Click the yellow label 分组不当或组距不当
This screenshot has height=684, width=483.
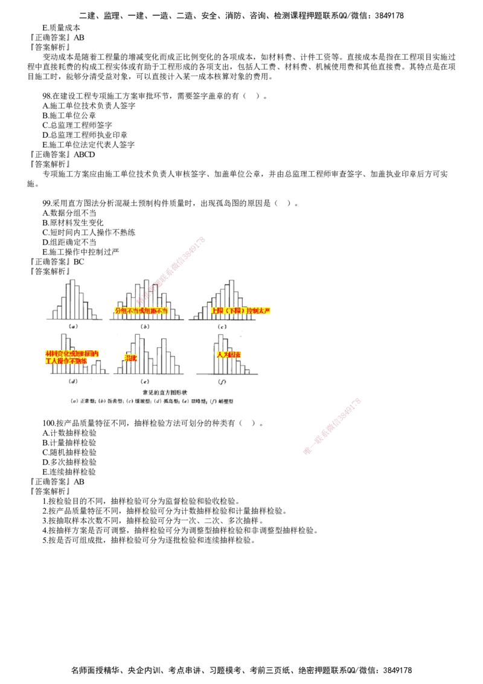[141, 310]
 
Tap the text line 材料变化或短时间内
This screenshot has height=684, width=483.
[72, 353]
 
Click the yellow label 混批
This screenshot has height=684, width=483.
[130, 358]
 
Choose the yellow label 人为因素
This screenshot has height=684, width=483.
[229, 354]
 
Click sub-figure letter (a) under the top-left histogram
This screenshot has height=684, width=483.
[72, 326]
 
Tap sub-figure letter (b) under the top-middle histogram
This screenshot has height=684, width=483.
[145, 326]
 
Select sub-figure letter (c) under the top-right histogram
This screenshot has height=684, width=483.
[223, 326]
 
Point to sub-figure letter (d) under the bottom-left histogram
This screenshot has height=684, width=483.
[71, 381]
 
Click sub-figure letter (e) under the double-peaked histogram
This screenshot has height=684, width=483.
[145, 381]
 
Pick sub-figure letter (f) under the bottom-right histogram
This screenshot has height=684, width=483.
[222, 381]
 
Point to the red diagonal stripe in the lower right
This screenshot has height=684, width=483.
[332, 426]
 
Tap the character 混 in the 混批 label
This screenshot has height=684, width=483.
[127, 358]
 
